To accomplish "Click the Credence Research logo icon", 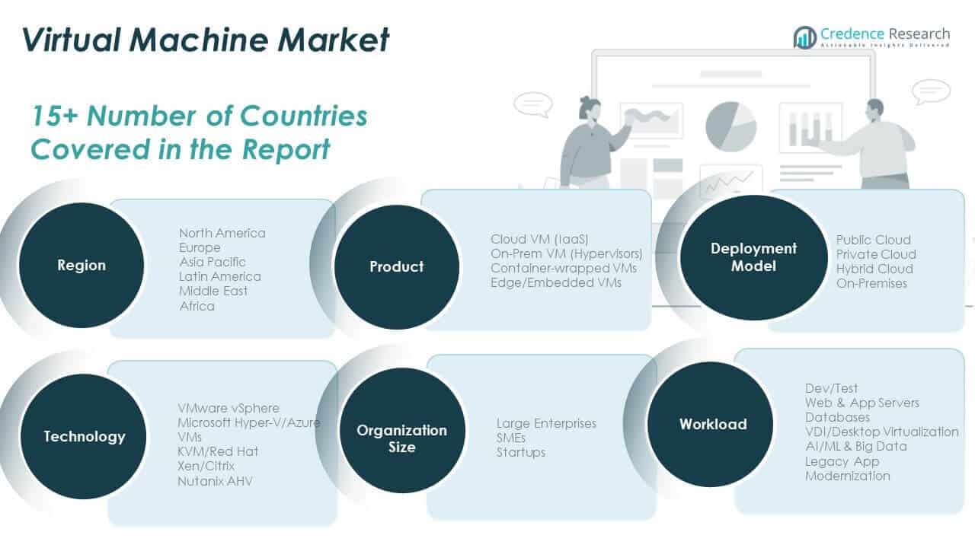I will (804, 37).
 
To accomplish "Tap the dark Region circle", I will (82, 266).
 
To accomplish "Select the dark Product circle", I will (396, 266).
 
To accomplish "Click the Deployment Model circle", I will (743, 257).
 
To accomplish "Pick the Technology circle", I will (84, 436).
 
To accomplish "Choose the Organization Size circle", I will (401, 438).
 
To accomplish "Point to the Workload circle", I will (712, 424).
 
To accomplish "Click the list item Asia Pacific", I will (213, 262).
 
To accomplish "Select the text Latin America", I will (219, 276).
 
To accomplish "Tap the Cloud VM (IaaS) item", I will (539, 239).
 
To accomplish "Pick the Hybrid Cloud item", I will (874, 269).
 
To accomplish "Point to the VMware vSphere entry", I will (229, 408).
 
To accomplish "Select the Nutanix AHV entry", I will (215, 481).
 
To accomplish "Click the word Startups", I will (521, 452).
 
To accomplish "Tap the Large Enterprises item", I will (546, 423).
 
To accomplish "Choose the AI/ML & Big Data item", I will (856, 446).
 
